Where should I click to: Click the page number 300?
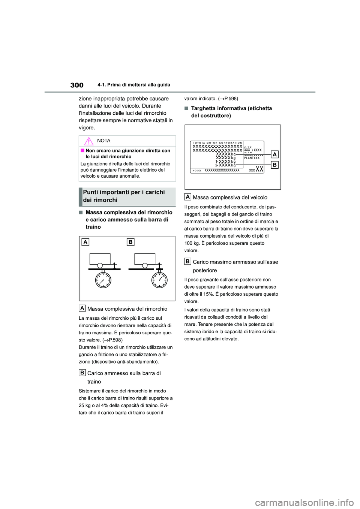pyautogui.click(x=77, y=85)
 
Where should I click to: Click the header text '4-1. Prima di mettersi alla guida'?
pyautogui.click(x=133, y=85)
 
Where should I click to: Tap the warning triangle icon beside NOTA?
pyautogui.click(x=88, y=141)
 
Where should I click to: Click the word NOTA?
pyautogui.click(x=103, y=141)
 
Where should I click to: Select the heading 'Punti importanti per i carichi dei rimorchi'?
pyautogui.click(x=124, y=196)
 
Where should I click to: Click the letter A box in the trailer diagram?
pyautogui.click(x=85, y=242)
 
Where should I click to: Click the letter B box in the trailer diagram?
pyautogui.click(x=130, y=242)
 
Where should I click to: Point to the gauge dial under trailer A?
pyautogui.click(x=103, y=280)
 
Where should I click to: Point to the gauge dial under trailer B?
pyautogui.click(x=159, y=280)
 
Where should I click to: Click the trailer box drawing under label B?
pyautogui.click(x=145, y=259)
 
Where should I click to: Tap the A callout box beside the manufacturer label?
pyautogui.click(x=274, y=154)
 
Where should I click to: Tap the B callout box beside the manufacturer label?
pyautogui.click(x=274, y=165)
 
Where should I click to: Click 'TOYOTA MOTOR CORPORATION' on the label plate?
pyautogui.click(x=217, y=143)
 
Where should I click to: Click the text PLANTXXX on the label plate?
pyautogui.click(x=252, y=158)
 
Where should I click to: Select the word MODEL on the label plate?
pyautogui.click(x=197, y=171)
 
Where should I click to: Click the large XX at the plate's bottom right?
pyautogui.click(x=259, y=169)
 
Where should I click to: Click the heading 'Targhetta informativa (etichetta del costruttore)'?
pyautogui.click(x=231, y=112)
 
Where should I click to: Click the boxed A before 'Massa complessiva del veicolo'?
pyautogui.click(x=187, y=197)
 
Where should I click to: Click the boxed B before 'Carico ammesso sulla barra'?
pyautogui.click(x=82, y=373)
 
